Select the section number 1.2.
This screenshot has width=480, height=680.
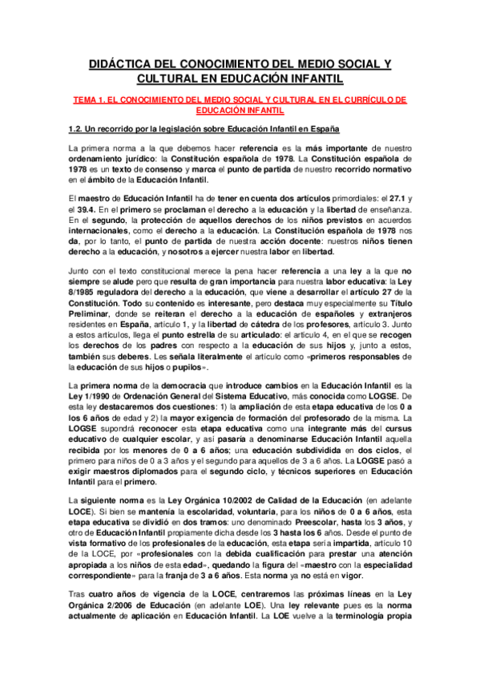pos(76,129)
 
